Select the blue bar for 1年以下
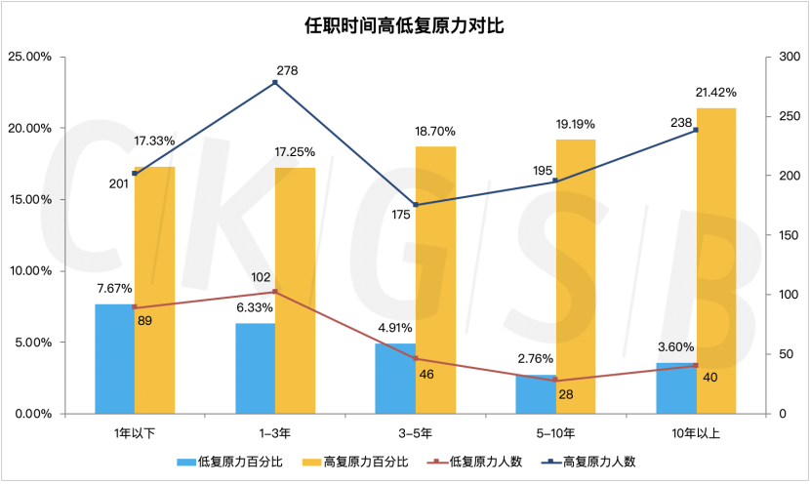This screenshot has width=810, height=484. pyautogui.click(x=114, y=359)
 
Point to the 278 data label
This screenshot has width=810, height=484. pyautogui.click(x=287, y=70)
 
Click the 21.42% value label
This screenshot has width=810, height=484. pyautogui.click(x=715, y=93)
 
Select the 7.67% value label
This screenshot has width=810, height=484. pyautogui.click(x=114, y=289)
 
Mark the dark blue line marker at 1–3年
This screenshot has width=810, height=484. pyautogui.click(x=275, y=83)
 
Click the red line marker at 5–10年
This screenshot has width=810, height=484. pyautogui.click(x=555, y=381)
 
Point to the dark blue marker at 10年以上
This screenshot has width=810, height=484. pyautogui.click(x=696, y=130)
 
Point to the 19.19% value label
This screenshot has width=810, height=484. pyautogui.click(x=576, y=125)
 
